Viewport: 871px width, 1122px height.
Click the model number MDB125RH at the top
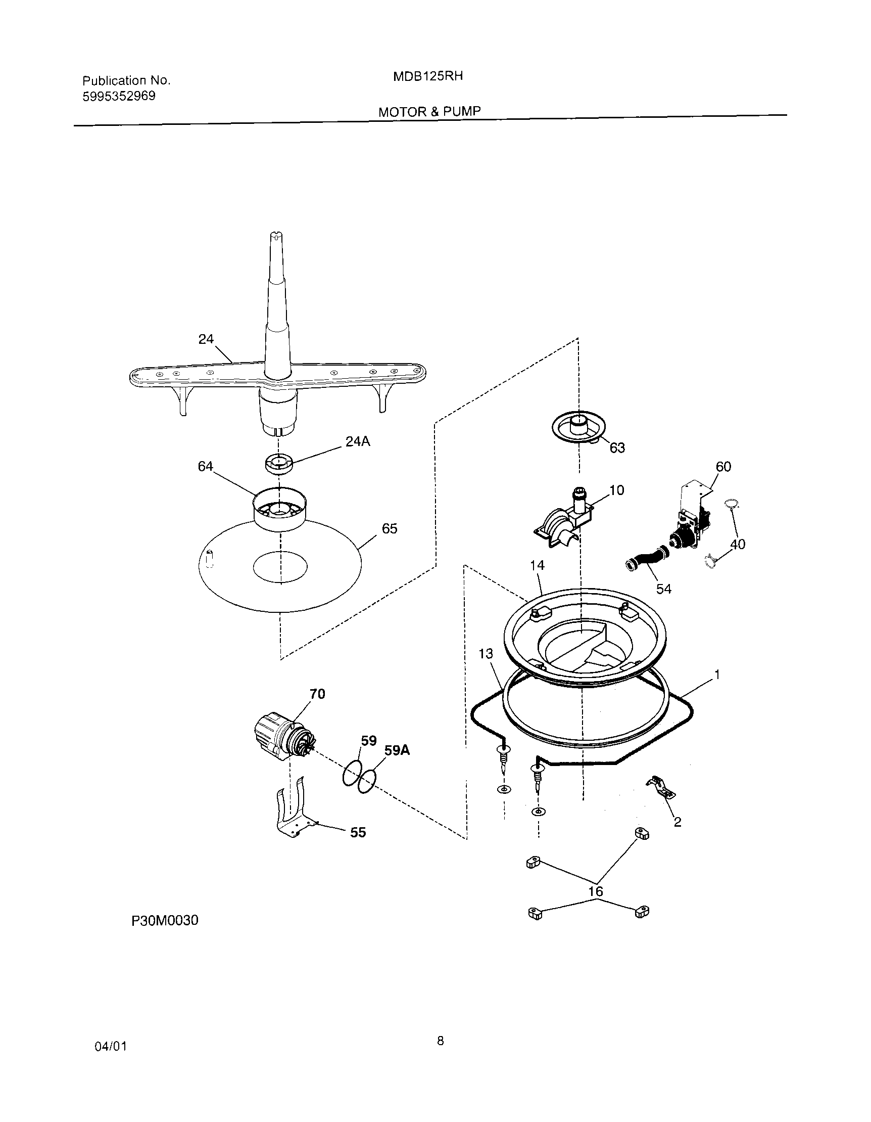pyautogui.click(x=428, y=76)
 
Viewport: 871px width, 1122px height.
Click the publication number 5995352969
pyautogui.click(x=119, y=96)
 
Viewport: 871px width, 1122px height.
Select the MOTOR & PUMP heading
pyautogui.click(x=429, y=111)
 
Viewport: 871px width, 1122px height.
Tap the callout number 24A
pyautogui.click(x=357, y=441)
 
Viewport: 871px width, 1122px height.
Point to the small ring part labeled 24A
pyautogui.click(x=278, y=463)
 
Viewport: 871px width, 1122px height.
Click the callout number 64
pyautogui.click(x=205, y=466)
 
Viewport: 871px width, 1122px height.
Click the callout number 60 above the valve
pyautogui.click(x=723, y=467)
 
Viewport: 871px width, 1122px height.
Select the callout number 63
pyautogui.click(x=617, y=448)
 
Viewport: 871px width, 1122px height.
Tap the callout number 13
pyautogui.click(x=486, y=653)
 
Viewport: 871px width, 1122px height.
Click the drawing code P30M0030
pyautogui.click(x=165, y=920)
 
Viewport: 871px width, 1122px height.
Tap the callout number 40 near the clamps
pyautogui.click(x=738, y=544)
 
